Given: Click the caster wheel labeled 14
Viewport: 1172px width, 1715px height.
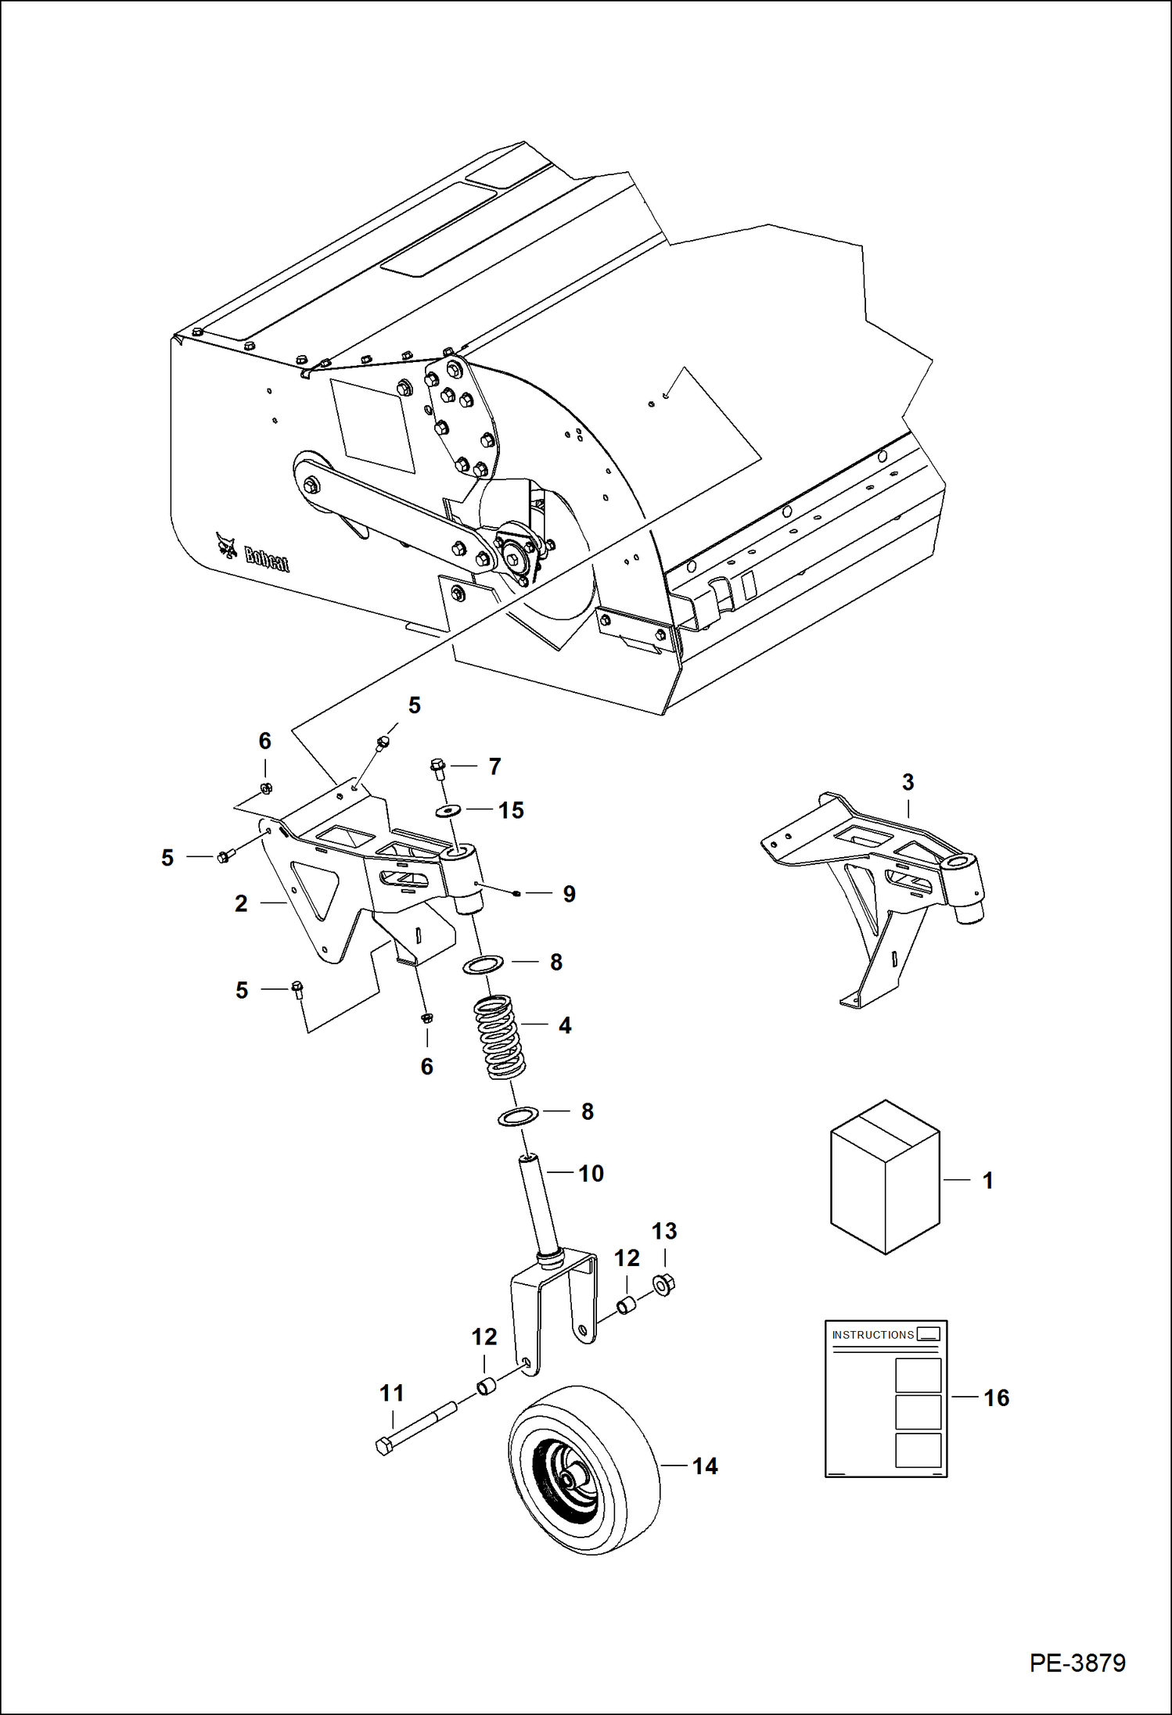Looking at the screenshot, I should [583, 1470].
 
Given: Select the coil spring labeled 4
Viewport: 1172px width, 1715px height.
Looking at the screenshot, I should [500, 1037].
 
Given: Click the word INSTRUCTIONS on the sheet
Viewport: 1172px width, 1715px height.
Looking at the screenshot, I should [872, 1335].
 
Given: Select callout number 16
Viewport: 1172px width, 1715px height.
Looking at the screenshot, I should [996, 1397].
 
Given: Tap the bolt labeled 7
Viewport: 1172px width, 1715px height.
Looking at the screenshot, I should [437, 768].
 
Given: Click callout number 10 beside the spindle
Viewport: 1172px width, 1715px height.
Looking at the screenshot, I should [591, 1173].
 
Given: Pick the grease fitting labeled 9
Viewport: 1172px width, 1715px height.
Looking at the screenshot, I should [516, 892].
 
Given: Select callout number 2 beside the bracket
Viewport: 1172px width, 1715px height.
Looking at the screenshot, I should [241, 903].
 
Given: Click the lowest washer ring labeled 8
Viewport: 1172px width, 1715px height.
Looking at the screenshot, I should [518, 1115].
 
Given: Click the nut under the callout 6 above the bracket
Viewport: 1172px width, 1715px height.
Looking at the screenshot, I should [265, 788].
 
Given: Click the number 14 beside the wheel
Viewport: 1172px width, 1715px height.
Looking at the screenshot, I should [704, 1466].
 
